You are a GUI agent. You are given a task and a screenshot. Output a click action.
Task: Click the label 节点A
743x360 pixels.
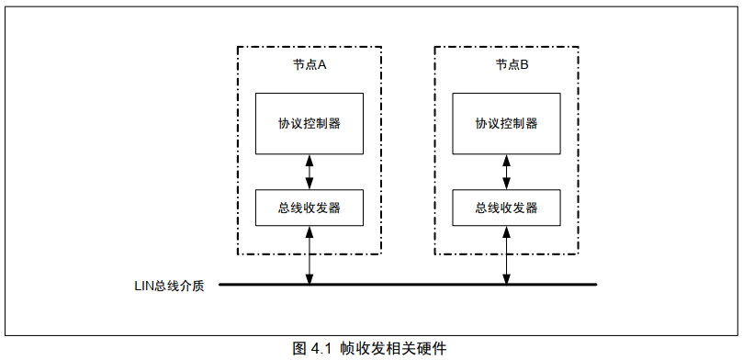pos(310,65)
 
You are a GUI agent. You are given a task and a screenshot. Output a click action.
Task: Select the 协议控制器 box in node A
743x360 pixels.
pos(310,123)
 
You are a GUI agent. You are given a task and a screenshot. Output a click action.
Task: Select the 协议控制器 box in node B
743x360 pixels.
pos(506,123)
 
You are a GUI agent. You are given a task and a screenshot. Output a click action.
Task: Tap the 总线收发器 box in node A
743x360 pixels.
pos(310,208)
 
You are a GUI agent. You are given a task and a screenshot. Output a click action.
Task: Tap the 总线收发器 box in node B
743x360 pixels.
pos(506,208)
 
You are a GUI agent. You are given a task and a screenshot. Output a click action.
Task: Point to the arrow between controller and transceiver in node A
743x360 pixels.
pos(310,171)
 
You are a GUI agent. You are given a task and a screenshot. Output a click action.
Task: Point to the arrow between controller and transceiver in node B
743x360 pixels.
pos(506,171)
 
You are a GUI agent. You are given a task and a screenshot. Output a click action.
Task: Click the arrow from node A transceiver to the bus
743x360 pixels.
pos(310,254)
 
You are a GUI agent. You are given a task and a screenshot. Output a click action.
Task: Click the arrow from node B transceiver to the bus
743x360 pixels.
pos(506,254)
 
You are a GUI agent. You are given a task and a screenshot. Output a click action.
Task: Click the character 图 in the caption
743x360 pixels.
pos(299,349)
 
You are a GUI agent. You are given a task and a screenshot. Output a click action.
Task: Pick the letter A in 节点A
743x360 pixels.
pos(322,65)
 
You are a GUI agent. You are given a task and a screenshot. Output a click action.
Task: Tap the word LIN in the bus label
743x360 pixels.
pos(144,286)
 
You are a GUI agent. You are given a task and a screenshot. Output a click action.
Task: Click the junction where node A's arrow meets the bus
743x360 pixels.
pos(310,284)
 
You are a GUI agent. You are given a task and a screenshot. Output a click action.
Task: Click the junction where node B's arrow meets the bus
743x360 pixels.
pos(506,284)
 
